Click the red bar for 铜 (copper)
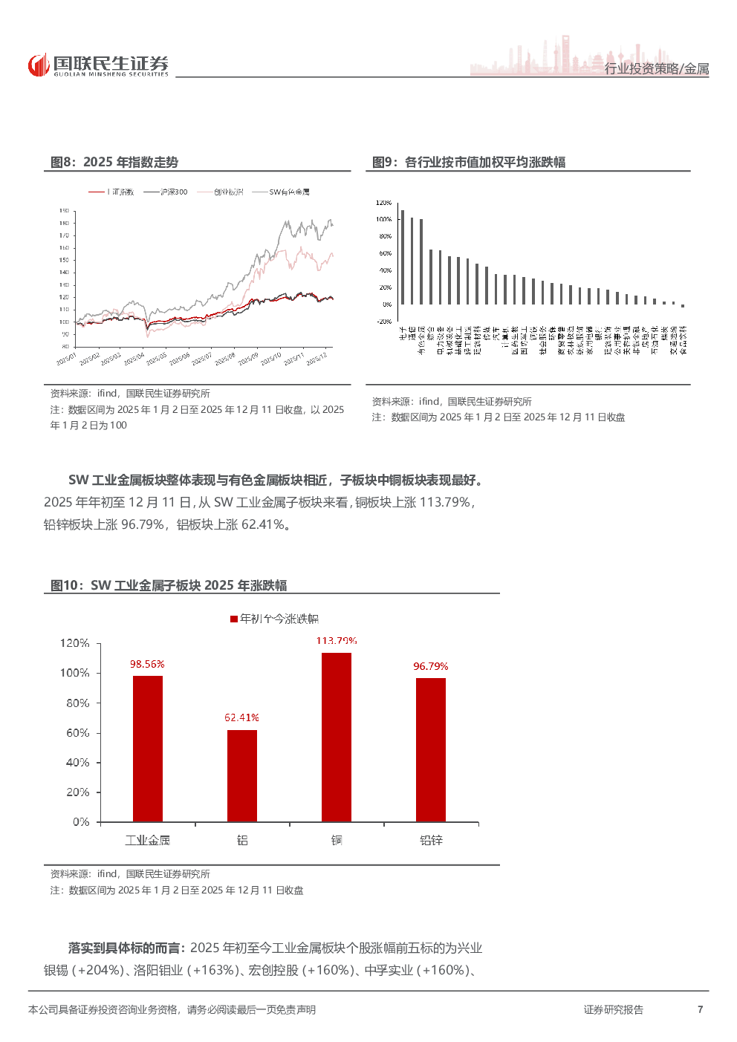(337, 737)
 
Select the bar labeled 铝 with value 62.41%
(242, 775)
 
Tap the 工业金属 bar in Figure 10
(148, 748)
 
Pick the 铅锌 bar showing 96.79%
(431, 749)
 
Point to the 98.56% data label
(147, 664)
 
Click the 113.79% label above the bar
(337, 640)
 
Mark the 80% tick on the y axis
(77, 703)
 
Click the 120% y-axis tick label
(75, 643)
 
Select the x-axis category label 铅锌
(431, 840)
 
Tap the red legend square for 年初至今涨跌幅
(234, 619)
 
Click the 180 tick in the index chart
(65, 223)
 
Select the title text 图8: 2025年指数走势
(114, 162)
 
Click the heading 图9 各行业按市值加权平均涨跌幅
(469, 162)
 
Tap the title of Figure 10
(169, 585)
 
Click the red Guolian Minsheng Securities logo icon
(39, 65)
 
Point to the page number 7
(700, 1009)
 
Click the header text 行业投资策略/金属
(657, 68)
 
